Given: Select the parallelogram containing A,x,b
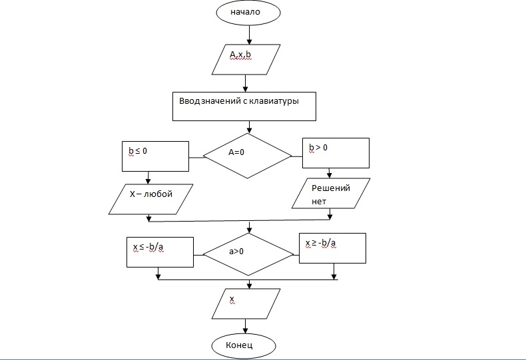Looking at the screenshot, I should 246,59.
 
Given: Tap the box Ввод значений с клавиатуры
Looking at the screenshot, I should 244,106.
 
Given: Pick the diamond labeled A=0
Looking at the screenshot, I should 247,155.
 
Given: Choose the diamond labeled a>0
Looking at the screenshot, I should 248,254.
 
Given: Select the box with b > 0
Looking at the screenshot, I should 336,153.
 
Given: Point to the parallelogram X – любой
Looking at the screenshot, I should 150,198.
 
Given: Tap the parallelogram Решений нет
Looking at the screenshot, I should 330,194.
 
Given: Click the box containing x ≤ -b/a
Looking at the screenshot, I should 160,251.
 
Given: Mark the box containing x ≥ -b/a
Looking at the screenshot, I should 332,248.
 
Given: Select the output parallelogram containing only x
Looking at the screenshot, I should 246,303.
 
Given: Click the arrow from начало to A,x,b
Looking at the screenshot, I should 249,34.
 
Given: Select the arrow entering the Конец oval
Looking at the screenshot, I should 246,326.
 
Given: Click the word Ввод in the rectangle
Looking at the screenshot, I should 190,101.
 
